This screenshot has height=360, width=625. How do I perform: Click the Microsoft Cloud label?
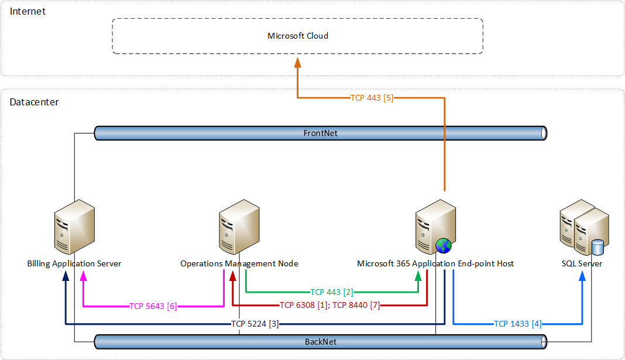coord(298,36)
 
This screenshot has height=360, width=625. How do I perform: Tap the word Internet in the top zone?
coord(28,11)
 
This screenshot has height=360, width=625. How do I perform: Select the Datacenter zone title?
coord(34,102)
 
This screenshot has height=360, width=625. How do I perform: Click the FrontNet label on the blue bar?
coord(320,133)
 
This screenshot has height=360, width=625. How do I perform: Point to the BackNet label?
coord(320,341)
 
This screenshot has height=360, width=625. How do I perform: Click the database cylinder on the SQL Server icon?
coord(597,248)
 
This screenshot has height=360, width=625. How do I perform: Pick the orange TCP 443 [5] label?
coord(372,98)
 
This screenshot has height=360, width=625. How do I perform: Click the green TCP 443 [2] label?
coord(331,292)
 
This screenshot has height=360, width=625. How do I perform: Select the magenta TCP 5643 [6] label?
coord(153,306)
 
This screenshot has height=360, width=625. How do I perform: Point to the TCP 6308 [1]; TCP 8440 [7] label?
coord(329,305)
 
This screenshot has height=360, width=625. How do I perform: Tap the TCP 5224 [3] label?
coord(255,324)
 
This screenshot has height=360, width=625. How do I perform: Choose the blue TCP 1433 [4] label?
coord(517,324)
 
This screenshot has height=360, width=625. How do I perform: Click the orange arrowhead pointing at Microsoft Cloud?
coord(298,61)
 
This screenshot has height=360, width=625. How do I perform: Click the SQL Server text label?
coord(582,264)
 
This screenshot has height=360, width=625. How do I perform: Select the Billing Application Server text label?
coord(74,264)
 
